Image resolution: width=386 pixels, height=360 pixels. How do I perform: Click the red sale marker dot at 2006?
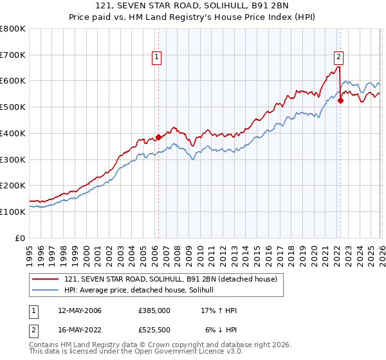click(x=158, y=136)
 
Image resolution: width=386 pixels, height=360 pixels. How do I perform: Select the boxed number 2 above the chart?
click(x=338, y=57)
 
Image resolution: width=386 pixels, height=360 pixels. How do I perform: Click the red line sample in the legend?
click(x=46, y=279)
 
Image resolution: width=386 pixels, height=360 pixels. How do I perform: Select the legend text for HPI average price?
click(x=143, y=291)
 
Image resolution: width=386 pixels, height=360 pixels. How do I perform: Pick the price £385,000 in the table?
click(x=154, y=310)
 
